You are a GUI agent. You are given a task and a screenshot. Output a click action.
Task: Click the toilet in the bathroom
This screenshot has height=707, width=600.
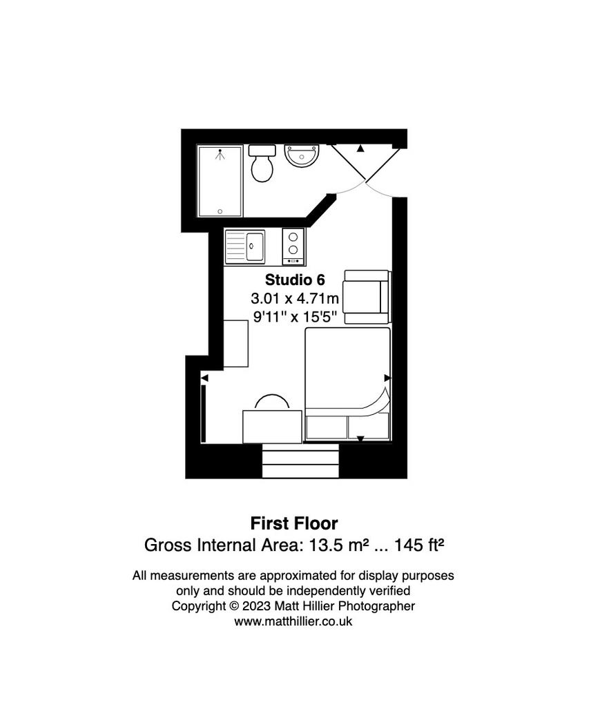(x=262, y=163)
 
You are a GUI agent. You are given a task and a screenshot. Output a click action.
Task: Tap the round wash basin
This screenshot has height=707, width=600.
(x=302, y=156)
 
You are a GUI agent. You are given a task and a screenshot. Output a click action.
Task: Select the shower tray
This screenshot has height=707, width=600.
(x=220, y=181)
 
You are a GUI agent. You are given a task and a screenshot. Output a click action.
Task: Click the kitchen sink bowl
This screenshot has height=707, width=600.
(x=255, y=246)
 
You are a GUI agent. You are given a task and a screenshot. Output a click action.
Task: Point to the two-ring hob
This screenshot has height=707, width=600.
(x=293, y=246)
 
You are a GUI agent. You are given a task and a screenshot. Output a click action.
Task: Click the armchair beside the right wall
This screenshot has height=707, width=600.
(x=367, y=297)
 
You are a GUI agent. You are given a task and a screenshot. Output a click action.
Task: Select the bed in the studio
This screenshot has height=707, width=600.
(x=347, y=384)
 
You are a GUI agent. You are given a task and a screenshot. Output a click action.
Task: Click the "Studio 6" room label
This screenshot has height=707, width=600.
(x=295, y=280)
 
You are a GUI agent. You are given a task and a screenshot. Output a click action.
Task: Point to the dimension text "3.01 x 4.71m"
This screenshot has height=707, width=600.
(x=295, y=298)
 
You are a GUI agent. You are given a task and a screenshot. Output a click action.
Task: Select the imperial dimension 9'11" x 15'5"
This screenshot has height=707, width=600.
(x=295, y=316)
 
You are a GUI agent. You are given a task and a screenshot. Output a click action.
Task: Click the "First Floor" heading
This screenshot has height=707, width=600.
(x=294, y=523)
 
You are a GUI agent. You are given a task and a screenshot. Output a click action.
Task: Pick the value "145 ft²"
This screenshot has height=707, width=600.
(x=419, y=545)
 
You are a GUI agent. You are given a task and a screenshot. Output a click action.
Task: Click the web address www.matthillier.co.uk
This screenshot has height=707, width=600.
(x=293, y=621)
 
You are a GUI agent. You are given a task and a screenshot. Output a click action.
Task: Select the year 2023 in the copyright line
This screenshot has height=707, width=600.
(x=257, y=606)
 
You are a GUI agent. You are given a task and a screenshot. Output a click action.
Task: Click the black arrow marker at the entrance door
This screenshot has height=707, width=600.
(x=360, y=148)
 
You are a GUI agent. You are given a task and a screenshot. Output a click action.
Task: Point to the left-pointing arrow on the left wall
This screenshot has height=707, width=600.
(x=204, y=378)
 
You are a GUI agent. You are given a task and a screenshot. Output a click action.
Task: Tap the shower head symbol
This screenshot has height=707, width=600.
(x=220, y=155)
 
